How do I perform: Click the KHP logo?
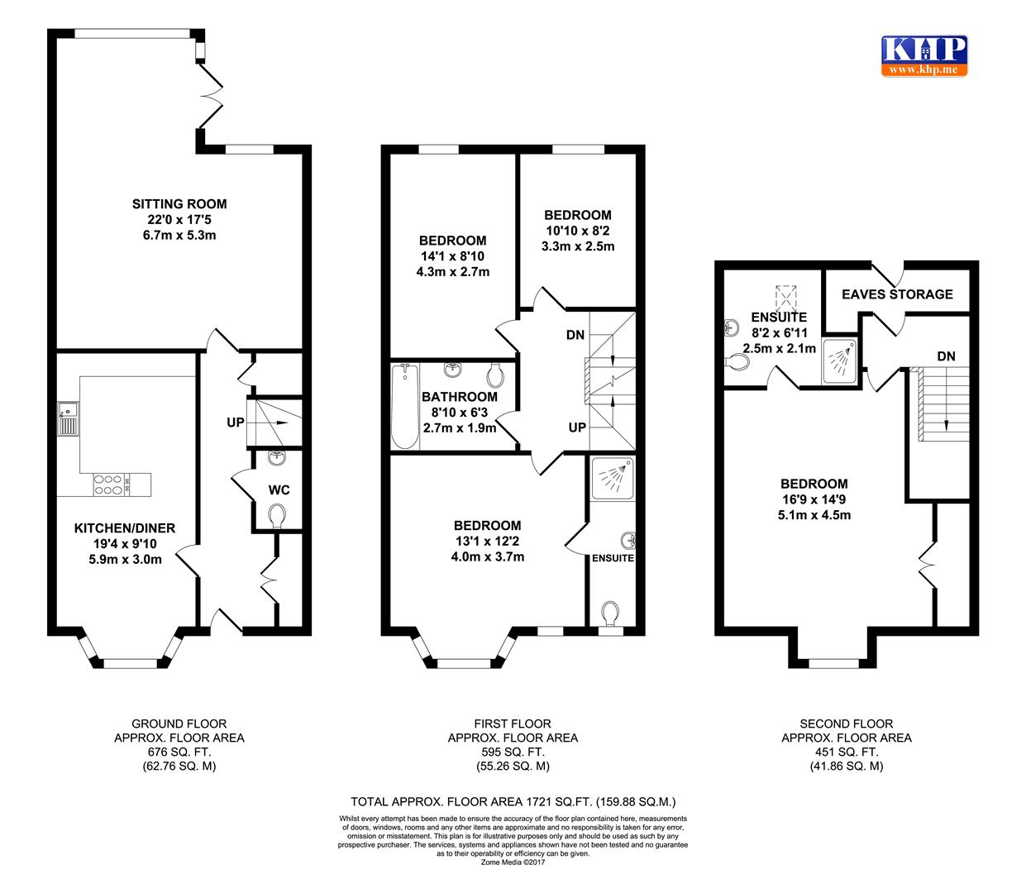point(923,55)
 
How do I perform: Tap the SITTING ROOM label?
point(179,204)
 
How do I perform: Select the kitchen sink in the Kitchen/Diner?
point(68,418)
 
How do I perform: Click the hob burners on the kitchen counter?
point(108,484)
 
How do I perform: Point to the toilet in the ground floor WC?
point(279,517)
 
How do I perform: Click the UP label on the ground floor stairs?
point(236,423)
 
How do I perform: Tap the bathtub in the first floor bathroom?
point(404,406)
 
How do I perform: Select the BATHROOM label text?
point(460,397)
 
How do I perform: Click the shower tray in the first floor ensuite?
point(613,478)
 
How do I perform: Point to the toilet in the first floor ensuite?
point(611,614)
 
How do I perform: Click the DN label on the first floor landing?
point(575,335)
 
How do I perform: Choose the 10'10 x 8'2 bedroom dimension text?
point(578,231)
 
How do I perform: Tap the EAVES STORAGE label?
point(897,294)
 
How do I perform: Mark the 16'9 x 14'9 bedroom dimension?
point(814,499)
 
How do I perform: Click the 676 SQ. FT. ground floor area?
point(179,752)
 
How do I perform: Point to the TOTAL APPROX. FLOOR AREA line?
point(513,801)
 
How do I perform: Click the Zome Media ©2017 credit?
point(513,862)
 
